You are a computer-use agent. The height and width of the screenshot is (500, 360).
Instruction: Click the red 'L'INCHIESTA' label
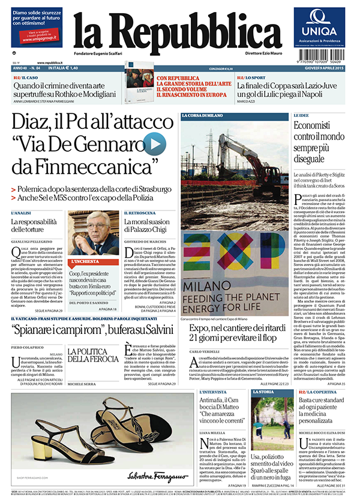coord(85,262)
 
